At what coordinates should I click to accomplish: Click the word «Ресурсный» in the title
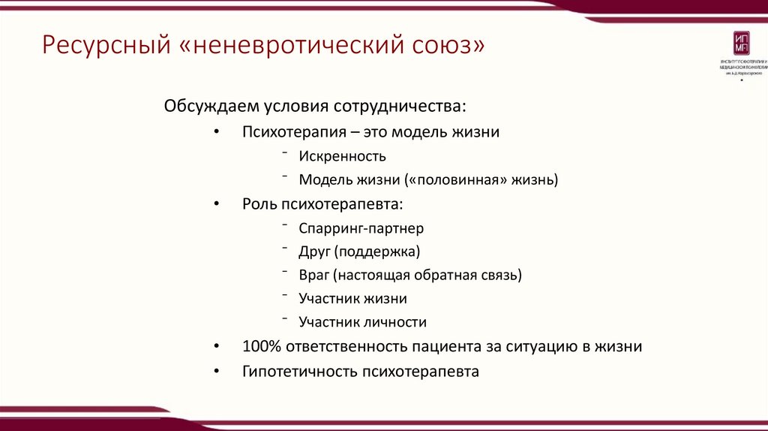click(104, 47)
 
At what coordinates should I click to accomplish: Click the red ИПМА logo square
click(740, 44)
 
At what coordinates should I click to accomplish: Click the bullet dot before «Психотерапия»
click(217, 133)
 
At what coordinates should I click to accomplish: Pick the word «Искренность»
click(342, 156)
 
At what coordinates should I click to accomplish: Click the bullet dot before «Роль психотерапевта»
click(217, 204)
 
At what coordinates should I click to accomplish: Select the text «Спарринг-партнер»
click(361, 228)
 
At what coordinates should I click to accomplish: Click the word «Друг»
click(313, 251)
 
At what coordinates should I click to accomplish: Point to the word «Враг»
click(314, 275)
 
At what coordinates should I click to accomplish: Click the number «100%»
click(259, 347)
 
